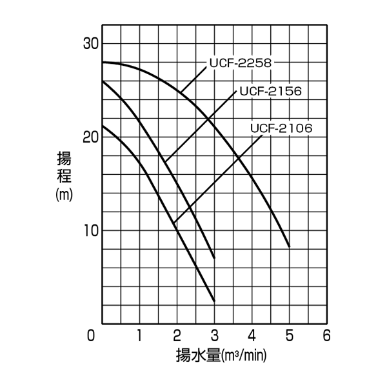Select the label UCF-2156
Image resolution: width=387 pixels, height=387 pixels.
pyautogui.click(x=270, y=91)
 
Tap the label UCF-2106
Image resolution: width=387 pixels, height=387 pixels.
pyautogui.click(x=281, y=128)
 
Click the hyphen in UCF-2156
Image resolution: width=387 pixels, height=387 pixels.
pyautogui.click(x=264, y=91)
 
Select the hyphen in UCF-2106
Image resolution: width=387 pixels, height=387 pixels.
pyautogui.click(x=275, y=128)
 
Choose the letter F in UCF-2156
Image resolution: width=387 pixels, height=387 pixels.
pyautogui.click(x=258, y=91)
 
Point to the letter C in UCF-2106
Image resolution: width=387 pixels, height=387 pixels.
pyautogui.click(x=262, y=128)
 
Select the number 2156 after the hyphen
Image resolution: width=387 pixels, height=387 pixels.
pyautogui.click(x=285, y=91)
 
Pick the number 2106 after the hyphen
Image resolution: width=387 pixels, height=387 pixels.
pyautogui.click(x=296, y=128)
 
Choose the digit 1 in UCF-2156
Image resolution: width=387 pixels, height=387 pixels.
pyautogui.click(x=279, y=91)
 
